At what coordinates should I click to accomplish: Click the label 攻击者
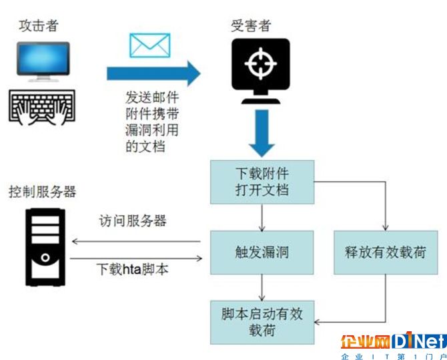(x=39, y=25)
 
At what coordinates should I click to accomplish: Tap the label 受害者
(x=251, y=25)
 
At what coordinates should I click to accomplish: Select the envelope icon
(x=150, y=45)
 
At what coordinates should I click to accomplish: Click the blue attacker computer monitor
(x=43, y=61)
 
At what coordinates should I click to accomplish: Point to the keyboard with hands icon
(x=42, y=108)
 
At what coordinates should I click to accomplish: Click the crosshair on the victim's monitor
(x=261, y=63)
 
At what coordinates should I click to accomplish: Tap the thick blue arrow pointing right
(x=153, y=73)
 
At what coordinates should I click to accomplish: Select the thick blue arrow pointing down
(x=262, y=133)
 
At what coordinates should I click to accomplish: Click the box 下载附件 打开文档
(x=262, y=182)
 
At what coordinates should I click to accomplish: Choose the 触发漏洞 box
(x=262, y=252)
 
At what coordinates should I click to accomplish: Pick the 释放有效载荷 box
(x=386, y=252)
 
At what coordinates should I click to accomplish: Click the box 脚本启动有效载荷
(x=262, y=323)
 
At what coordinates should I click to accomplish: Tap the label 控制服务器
(x=43, y=192)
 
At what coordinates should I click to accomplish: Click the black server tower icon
(x=45, y=247)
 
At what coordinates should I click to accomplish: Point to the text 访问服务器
(x=133, y=220)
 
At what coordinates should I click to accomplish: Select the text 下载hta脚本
(x=132, y=269)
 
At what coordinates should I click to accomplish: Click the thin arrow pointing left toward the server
(x=136, y=242)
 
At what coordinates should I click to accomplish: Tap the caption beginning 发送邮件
(x=152, y=122)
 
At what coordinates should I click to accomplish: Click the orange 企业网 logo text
(x=366, y=341)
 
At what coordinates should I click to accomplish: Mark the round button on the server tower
(x=45, y=258)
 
